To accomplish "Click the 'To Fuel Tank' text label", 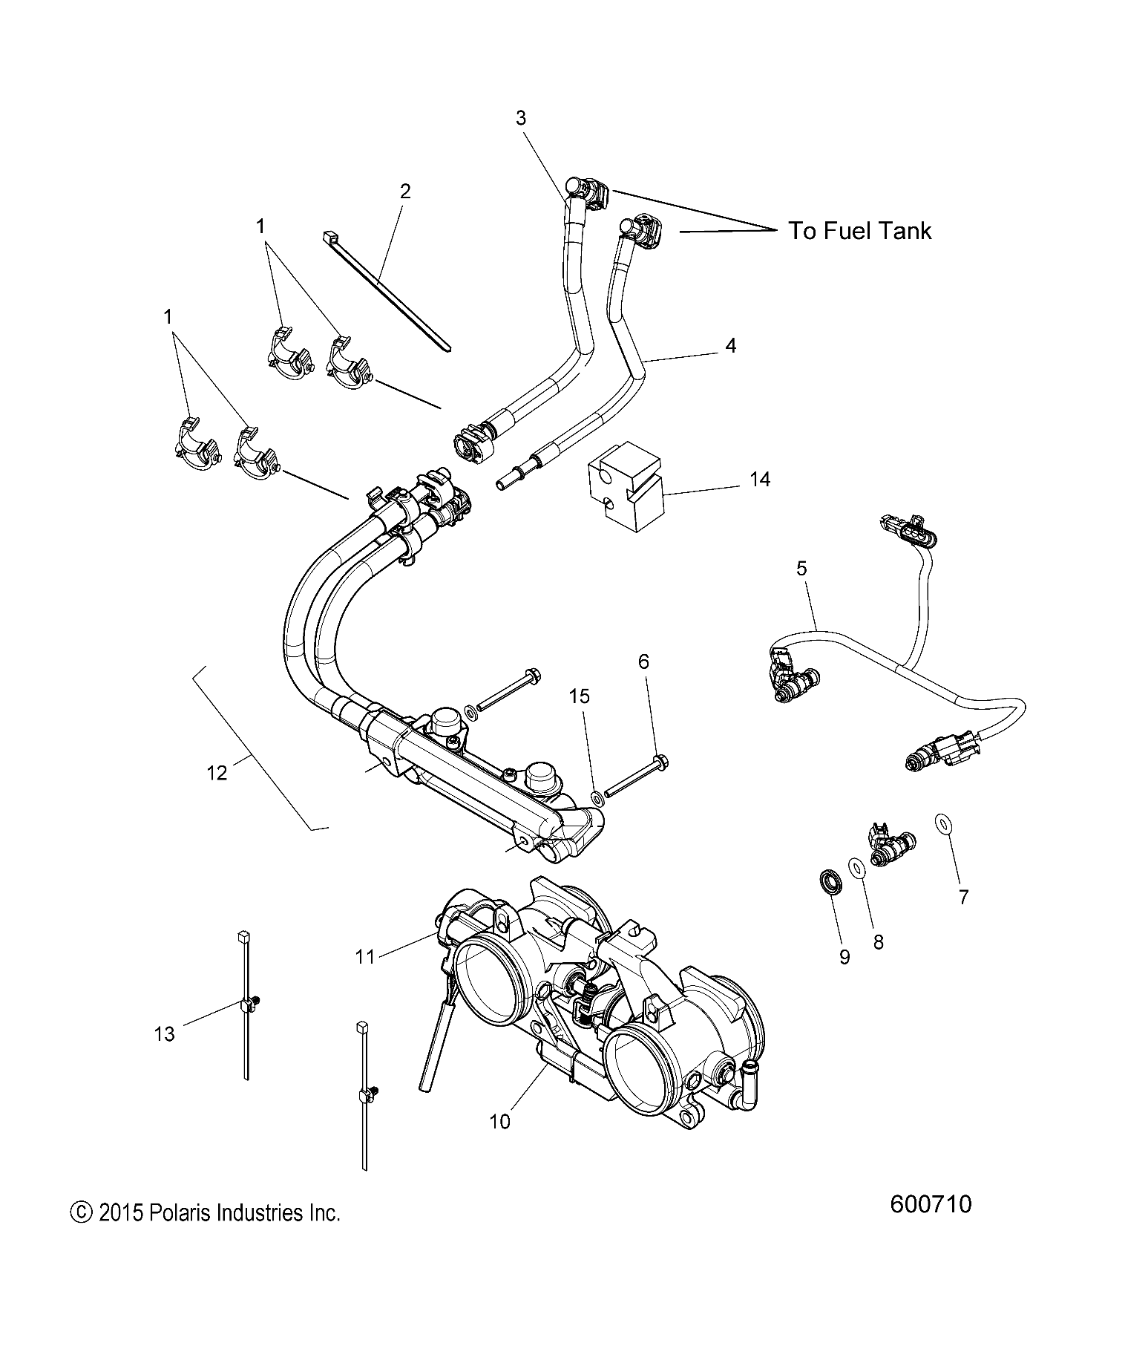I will (859, 231).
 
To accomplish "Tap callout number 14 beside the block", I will (760, 480).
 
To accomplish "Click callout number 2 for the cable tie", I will (404, 192).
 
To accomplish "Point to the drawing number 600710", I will (931, 1204).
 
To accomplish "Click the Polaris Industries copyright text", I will (205, 1214).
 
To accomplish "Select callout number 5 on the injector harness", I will (801, 569).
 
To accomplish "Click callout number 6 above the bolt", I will (643, 661).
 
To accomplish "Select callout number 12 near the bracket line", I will (217, 773).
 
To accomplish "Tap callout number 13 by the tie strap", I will (165, 1033).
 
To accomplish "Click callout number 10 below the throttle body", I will (500, 1121).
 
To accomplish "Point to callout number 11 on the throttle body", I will (365, 957).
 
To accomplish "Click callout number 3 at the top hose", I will (520, 118).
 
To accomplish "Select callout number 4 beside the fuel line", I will (730, 345).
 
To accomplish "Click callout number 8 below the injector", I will (878, 942).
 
